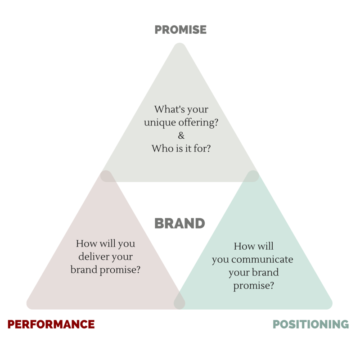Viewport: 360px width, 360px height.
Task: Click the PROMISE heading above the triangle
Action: (x=180, y=30)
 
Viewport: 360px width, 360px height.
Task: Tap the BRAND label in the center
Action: (x=180, y=223)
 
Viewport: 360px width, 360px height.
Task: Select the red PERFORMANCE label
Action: (x=51, y=324)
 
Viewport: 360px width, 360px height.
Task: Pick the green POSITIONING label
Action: (x=310, y=324)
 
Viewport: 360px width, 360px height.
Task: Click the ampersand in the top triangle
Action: (x=181, y=135)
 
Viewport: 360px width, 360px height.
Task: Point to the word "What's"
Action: (x=169, y=109)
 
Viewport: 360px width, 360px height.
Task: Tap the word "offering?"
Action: (x=198, y=122)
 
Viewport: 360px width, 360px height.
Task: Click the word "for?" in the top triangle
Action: (x=202, y=148)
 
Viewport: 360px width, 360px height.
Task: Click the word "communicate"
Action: (x=262, y=260)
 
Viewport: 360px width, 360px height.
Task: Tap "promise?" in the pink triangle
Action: (x=120, y=270)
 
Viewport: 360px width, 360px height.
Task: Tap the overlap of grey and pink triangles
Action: (x=107, y=176)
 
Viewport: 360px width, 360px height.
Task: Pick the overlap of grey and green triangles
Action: (x=252, y=176)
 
